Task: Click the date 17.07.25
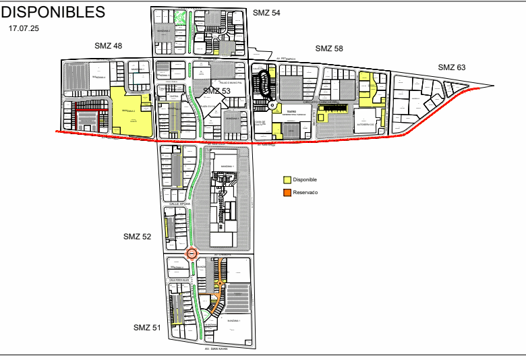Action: coord(25,30)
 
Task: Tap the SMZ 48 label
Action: coord(109,46)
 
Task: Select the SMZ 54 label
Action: coord(266,13)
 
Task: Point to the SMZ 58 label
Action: coord(329,49)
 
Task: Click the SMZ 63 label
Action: coord(452,67)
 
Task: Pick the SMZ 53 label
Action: coord(216,91)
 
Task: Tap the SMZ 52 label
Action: coord(137,237)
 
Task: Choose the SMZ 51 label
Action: coord(146,328)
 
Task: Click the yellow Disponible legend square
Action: coord(287,180)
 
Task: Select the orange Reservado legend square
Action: coord(287,192)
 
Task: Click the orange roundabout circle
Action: coord(192,254)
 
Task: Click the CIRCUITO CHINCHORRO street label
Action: coord(319,102)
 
